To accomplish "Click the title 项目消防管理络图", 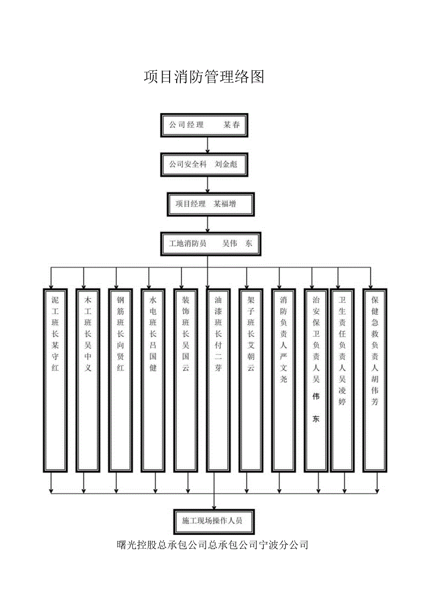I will coord(204,76).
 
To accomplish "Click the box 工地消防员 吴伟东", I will coord(210,243).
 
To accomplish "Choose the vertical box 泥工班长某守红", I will coord(55,379).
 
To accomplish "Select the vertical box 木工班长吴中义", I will coord(88,379).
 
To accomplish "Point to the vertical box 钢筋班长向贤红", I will coord(120,379).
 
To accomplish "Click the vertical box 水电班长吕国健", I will coord(153,379).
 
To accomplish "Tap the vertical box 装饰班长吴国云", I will coord(186,379).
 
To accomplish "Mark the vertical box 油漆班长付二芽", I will coord(218,379).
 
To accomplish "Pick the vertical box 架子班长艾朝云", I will coord(251,379).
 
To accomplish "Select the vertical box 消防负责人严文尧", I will coord(283,379).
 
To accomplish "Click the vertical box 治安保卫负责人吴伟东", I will coord(316,379).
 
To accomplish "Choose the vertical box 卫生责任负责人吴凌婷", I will coord(342,379).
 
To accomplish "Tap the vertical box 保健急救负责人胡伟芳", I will coord(375,379).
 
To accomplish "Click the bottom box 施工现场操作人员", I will coord(215,521).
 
